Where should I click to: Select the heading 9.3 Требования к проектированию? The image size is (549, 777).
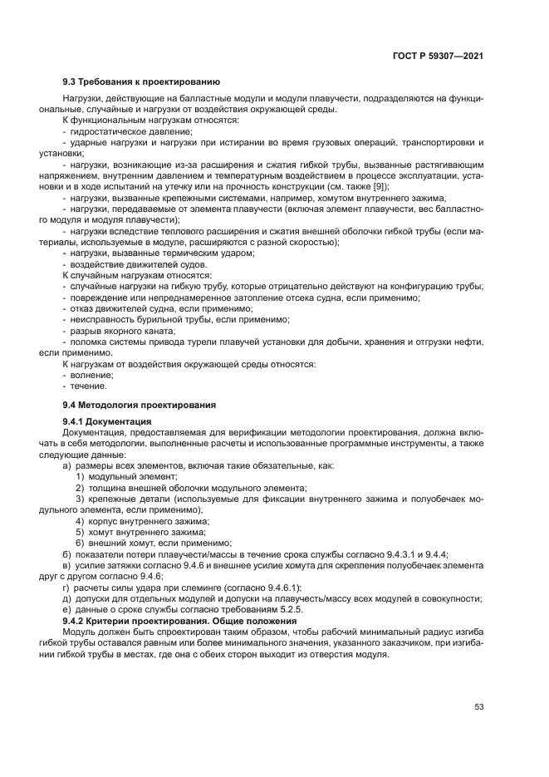point(141,81)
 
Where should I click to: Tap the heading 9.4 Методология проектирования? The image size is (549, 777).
point(140,405)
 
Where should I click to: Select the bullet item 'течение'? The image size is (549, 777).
point(88,386)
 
